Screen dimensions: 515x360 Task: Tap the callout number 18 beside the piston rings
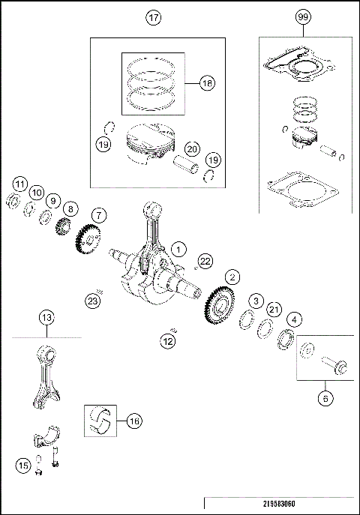pos(207,84)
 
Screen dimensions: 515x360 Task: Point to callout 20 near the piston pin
pos(191,148)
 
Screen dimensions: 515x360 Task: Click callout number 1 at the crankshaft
pos(178,248)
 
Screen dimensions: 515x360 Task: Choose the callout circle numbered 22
pos(205,260)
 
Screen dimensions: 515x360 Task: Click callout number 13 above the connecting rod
pos(46,318)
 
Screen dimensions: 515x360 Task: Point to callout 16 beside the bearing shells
pos(133,421)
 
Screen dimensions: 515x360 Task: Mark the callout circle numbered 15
pos(22,466)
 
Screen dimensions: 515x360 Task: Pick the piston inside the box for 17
pos(150,148)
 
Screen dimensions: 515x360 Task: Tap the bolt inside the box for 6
pos(334,366)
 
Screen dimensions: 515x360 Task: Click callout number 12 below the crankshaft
pos(168,342)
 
